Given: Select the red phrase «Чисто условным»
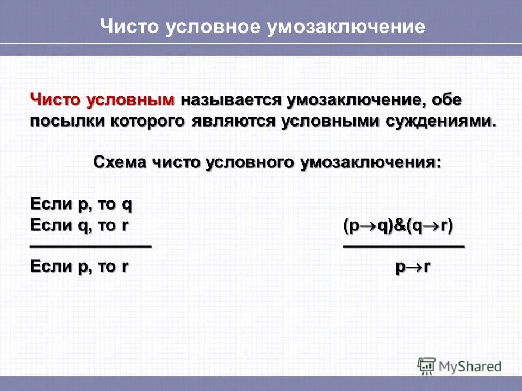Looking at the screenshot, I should coord(103,100).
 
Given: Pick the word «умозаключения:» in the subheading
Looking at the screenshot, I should coord(370,162).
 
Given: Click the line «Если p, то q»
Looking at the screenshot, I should coord(82,205).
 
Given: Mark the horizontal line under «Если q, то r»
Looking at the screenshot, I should coord(91,247).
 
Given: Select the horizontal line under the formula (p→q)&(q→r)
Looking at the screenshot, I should coord(404,247).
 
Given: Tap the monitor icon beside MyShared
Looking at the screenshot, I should coord(426,365).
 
